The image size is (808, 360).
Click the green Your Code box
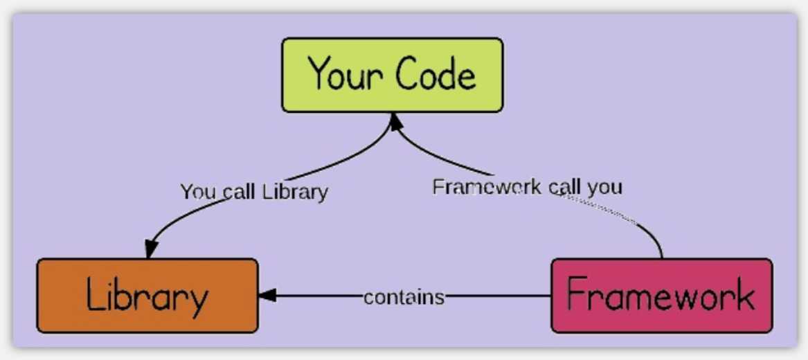click(x=392, y=75)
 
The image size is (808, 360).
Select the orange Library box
click(x=147, y=296)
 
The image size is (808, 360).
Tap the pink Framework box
click(x=662, y=296)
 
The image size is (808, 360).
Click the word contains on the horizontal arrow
click(x=404, y=297)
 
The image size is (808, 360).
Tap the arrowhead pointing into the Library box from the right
click(x=267, y=296)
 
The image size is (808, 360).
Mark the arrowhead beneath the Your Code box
click(x=395, y=122)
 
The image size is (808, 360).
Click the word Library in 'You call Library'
click(x=295, y=192)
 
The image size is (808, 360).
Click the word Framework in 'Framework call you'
click(x=487, y=186)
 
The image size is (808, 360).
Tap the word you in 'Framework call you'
click(x=605, y=188)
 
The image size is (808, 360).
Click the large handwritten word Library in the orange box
click(x=147, y=296)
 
